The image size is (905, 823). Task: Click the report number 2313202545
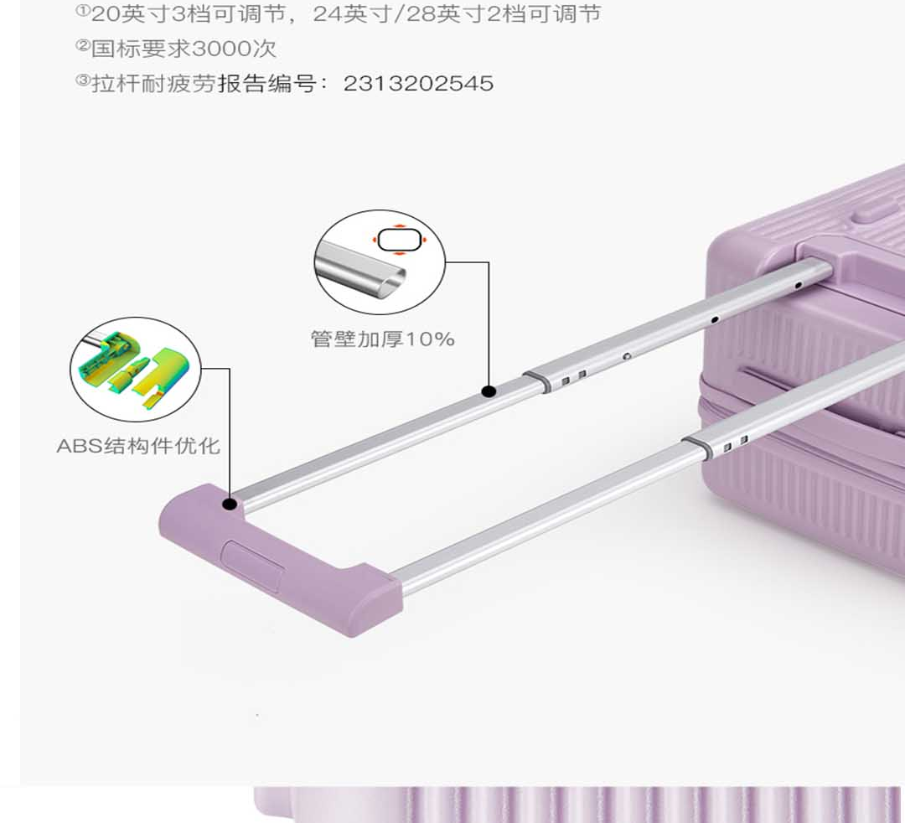tap(418, 83)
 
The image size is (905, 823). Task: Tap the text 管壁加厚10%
tap(382, 339)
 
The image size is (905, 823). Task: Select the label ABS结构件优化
tap(138, 445)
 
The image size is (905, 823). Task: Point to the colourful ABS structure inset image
tap(136, 370)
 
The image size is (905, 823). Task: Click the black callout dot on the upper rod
tap(489, 391)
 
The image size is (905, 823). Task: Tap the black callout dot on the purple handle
tap(229, 504)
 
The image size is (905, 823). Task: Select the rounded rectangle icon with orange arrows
tap(398, 241)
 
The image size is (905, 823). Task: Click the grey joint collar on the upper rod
tap(538, 381)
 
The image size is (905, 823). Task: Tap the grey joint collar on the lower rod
tap(697, 448)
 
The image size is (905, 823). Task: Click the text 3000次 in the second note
tap(234, 49)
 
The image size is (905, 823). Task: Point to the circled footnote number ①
tap(83, 12)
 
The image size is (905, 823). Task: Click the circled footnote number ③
tap(83, 80)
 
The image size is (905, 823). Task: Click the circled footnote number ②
tap(83, 46)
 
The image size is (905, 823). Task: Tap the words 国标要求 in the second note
tap(141, 49)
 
